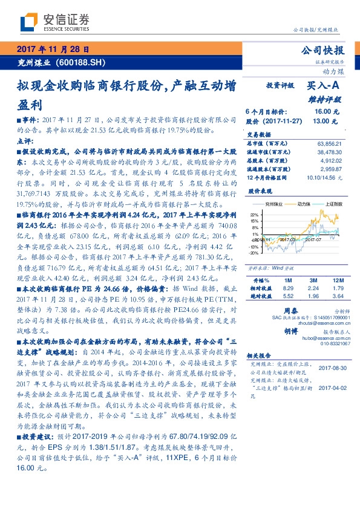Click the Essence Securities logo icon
click(x=31, y=22)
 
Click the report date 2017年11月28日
click(x=53, y=50)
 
